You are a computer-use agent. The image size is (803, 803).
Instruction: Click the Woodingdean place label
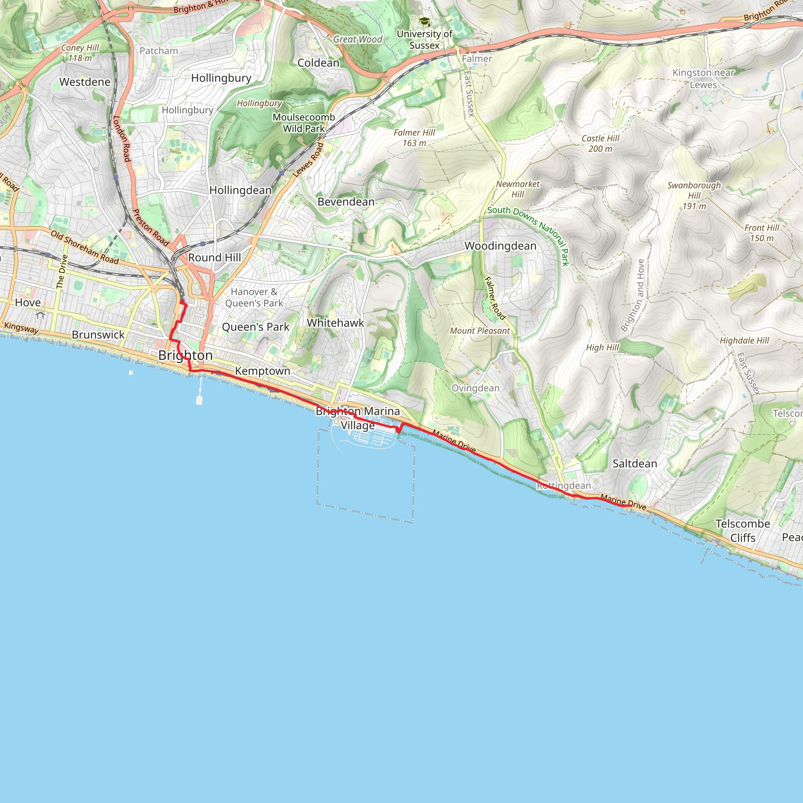(500, 246)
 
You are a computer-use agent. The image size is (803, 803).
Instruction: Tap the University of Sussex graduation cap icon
(424, 21)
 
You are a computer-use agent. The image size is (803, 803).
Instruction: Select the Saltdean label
(635, 464)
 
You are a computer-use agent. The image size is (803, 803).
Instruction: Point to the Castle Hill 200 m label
(600, 144)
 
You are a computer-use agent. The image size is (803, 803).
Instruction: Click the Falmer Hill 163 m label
(414, 138)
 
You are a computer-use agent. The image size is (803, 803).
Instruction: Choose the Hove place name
(28, 303)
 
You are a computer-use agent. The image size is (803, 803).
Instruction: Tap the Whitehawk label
(335, 323)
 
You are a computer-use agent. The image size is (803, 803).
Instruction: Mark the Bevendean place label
(346, 202)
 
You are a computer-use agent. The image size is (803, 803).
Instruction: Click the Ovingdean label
(476, 388)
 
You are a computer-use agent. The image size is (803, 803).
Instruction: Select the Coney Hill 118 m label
(80, 53)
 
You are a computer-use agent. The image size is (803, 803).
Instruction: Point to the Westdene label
(85, 82)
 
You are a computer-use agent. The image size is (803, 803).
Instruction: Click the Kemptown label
(262, 371)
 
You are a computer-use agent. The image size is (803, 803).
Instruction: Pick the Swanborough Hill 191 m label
(694, 195)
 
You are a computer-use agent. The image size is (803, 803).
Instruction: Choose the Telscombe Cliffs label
(742, 531)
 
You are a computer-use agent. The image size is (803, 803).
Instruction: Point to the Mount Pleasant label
(480, 331)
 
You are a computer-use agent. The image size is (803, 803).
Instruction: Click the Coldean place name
(318, 63)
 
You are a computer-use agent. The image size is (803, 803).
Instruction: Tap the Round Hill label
(214, 258)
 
